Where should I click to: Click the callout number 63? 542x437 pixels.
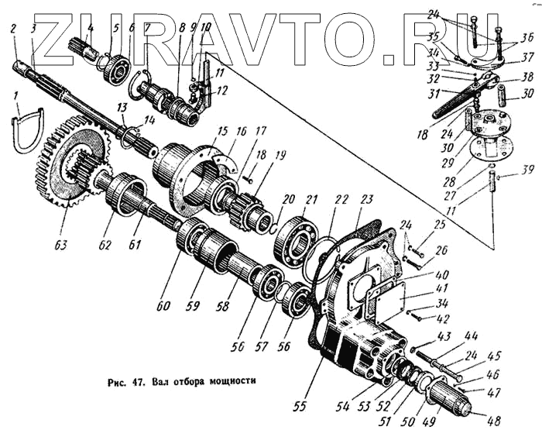point(60,246)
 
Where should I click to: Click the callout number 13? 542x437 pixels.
point(122,106)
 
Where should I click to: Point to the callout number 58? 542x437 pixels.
point(224,308)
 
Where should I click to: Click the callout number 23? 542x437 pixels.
point(364,198)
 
